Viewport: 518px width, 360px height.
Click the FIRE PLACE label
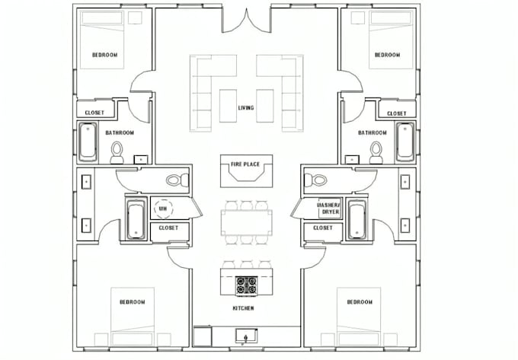[245, 164]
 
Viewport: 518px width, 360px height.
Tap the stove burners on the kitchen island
[247, 285]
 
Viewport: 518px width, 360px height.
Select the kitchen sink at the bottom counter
[246, 336]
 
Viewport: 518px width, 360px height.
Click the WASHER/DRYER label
[329, 209]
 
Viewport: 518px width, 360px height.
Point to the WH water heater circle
[163, 209]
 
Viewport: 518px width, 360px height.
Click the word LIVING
[246, 108]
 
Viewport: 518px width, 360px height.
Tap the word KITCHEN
[244, 308]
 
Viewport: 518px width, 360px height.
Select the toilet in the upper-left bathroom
[117, 153]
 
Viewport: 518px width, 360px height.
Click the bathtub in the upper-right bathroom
[405, 142]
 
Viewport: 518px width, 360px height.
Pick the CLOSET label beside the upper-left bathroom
[94, 113]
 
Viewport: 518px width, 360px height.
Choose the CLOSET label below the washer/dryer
[323, 228]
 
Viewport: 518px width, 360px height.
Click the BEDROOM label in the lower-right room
[360, 302]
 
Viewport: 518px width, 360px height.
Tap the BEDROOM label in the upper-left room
[104, 55]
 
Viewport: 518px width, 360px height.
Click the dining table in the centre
[247, 222]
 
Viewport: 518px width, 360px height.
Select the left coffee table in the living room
[228, 106]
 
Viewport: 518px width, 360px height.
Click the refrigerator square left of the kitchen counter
[202, 336]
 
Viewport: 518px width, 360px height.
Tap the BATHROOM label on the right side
[373, 132]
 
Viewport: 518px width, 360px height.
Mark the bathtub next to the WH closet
[136, 220]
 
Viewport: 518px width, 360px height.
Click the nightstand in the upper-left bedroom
[135, 18]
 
